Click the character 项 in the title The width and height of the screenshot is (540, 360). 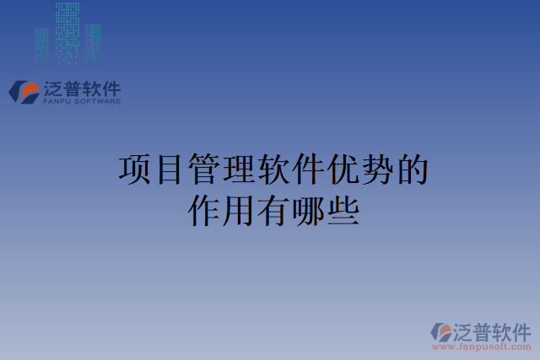[x=135, y=170]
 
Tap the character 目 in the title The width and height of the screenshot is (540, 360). [x=170, y=170]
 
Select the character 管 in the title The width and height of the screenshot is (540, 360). [x=204, y=170]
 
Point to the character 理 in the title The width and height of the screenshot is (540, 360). [x=239, y=170]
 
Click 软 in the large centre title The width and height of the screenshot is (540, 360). [x=273, y=170]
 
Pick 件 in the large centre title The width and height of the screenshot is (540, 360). [x=308, y=170]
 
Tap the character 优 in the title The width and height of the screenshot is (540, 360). [x=343, y=170]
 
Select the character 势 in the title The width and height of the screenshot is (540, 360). [x=377, y=170]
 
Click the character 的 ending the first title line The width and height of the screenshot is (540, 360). [x=412, y=170]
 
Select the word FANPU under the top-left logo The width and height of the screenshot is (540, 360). [x=57, y=101]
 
